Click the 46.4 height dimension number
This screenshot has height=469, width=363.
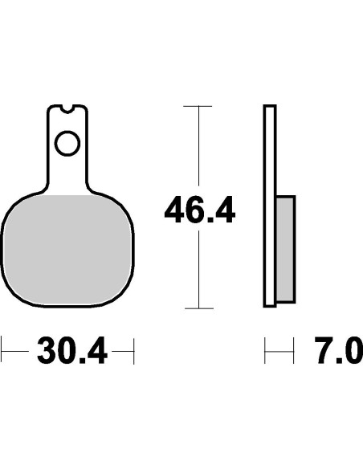pos(199,213)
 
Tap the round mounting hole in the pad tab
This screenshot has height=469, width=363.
pos(67,145)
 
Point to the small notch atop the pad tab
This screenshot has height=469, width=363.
pos(67,107)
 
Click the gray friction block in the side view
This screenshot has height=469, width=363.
pos(285,248)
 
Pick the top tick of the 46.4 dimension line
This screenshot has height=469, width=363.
pos(198,105)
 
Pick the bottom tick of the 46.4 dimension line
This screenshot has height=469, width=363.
pos(198,308)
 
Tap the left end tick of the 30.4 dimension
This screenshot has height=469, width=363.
pos(2,351)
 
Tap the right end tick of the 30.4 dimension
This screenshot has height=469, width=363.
pos(133,351)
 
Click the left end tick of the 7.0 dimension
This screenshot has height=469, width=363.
pos(265,351)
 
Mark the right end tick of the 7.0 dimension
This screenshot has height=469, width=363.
pos(296,351)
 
